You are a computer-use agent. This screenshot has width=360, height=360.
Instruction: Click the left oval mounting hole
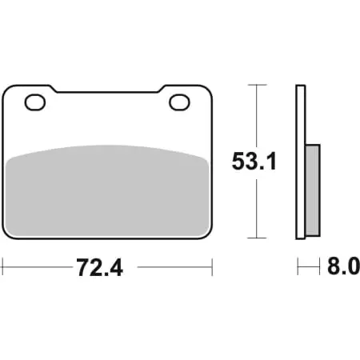click(x=35, y=102)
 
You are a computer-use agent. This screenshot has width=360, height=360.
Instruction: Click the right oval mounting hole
click(x=180, y=102)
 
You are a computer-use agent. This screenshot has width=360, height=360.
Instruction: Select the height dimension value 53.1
click(x=254, y=162)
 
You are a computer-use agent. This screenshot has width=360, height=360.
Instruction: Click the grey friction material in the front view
click(x=108, y=192)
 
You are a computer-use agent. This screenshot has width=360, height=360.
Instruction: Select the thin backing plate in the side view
click(x=301, y=160)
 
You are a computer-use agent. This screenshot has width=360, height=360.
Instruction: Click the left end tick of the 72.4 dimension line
click(x=2, y=265)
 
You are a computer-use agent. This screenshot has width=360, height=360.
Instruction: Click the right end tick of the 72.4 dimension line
click(x=213, y=265)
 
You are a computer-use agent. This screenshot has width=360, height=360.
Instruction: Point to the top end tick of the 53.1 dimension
click(x=255, y=84)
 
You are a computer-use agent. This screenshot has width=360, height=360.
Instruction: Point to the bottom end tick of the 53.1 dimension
click(x=255, y=238)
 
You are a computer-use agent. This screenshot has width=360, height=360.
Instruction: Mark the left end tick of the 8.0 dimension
click(x=298, y=265)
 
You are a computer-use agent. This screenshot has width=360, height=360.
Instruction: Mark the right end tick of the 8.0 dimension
click(x=321, y=265)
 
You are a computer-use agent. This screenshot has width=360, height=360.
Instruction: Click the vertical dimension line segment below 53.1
click(x=255, y=208)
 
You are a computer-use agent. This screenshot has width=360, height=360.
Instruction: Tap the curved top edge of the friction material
click(x=108, y=146)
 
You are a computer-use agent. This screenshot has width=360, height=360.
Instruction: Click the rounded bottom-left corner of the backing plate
click(x=7, y=234)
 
